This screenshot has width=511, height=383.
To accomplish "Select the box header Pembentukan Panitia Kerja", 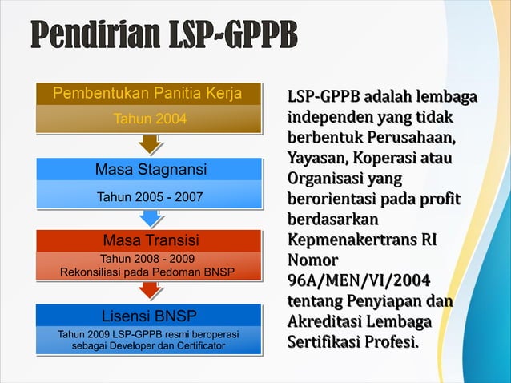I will (147, 93).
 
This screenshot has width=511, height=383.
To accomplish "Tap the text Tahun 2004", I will (150, 119).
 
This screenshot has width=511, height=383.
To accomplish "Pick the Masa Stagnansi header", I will (151, 170).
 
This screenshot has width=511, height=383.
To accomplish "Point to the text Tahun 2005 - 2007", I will (150, 196).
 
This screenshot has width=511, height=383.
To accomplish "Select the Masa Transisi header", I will (151, 241).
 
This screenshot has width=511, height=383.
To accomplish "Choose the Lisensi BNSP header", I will (150, 313).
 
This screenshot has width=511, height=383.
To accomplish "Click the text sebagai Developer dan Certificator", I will (148, 345).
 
